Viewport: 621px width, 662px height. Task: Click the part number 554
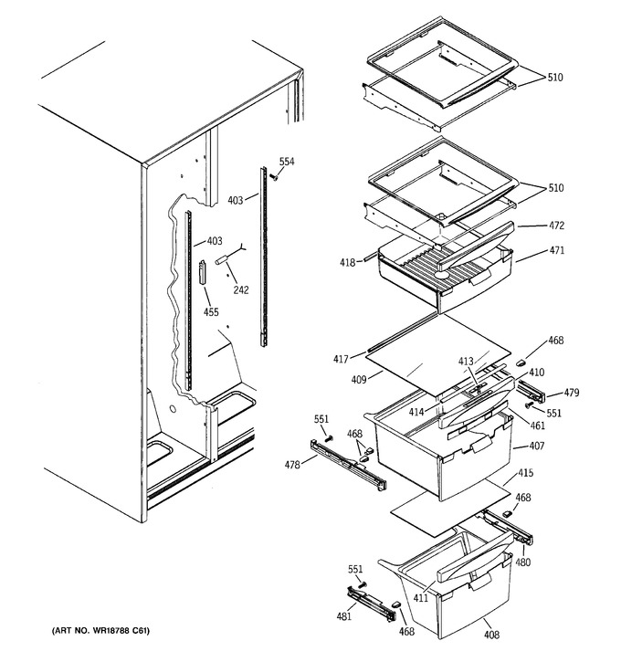287,162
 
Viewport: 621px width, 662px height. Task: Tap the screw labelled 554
274,176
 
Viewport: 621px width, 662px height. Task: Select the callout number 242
241,289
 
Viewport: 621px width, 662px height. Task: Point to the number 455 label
211,311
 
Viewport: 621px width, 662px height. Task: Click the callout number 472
556,226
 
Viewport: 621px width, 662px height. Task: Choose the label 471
556,250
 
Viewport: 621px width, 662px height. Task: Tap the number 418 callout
347,263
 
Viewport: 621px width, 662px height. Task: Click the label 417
341,359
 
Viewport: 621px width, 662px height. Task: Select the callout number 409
359,380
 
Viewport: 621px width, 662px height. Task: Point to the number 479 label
572,393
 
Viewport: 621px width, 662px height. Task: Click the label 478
292,465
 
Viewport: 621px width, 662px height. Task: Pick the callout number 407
537,446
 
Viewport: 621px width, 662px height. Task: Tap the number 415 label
525,472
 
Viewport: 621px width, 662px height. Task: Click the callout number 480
522,562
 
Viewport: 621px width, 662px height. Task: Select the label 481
343,616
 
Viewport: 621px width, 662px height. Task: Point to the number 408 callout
492,634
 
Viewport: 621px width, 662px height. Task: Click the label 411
420,598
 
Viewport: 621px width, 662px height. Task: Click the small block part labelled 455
203,271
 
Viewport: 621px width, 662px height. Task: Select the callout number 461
537,426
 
